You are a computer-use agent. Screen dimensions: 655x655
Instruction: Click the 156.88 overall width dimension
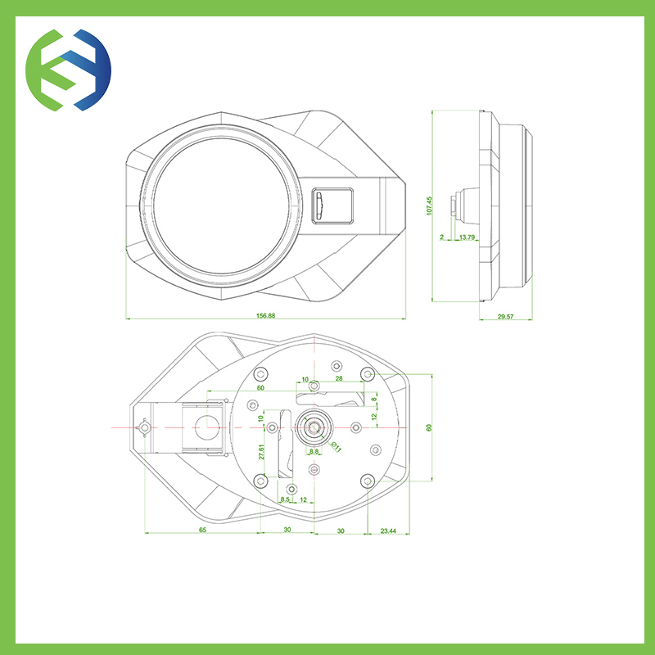point(265,316)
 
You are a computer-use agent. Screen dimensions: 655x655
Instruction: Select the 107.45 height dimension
point(429,206)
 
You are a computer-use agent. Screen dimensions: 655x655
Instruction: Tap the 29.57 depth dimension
point(505,317)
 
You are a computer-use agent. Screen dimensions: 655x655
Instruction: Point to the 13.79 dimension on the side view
point(467,237)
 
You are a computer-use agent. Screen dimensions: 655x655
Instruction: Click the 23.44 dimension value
point(388,531)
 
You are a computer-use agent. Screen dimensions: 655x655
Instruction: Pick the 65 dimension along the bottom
point(202,530)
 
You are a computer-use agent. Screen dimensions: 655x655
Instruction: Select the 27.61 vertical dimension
point(261,452)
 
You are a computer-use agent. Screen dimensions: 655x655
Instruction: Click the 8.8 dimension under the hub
point(314,451)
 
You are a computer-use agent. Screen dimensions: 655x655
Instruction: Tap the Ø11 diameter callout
point(337,446)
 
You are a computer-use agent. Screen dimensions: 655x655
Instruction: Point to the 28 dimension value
point(339,378)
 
